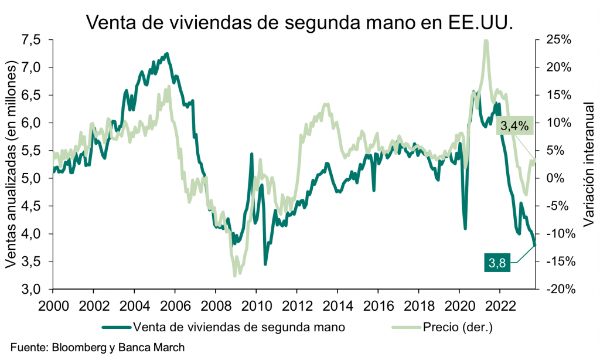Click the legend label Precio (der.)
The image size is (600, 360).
pyautogui.click(x=458, y=327)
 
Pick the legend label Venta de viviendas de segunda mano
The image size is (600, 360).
pyautogui.click(x=237, y=327)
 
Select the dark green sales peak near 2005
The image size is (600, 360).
pyautogui.click(x=167, y=54)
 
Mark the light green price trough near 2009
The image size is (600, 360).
pyautogui.click(x=234, y=274)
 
